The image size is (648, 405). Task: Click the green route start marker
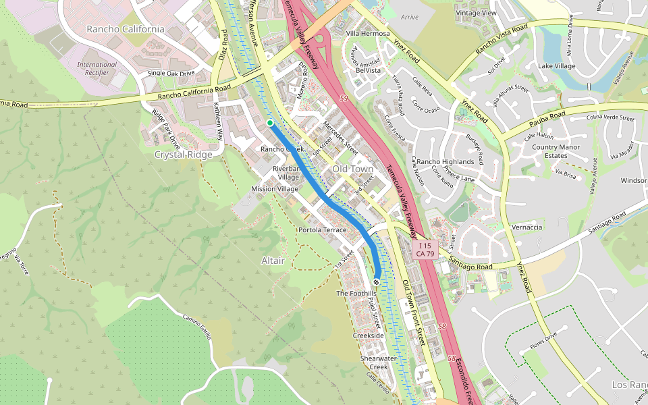point(270,122)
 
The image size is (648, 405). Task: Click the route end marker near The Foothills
point(377,281)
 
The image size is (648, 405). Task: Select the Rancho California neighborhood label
point(126,29)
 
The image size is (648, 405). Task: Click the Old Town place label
point(352,168)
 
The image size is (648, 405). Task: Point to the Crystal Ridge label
point(183,154)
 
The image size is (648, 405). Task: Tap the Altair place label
point(273,260)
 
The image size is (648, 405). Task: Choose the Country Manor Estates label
point(556,151)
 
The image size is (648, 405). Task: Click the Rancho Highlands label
point(445,162)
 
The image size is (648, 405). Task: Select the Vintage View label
point(476,13)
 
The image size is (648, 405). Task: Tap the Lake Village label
point(556,65)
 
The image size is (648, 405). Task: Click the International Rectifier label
point(97,68)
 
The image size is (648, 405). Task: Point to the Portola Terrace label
point(321,230)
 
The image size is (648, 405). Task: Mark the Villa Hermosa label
point(368,33)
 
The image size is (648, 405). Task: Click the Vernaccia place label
point(526,227)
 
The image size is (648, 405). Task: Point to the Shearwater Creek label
point(374,362)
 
